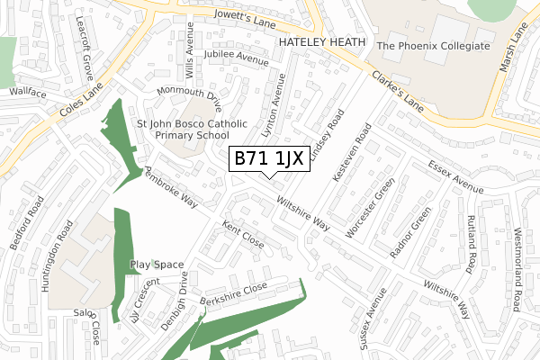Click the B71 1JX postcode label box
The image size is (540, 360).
pyautogui.click(x=274, y=159)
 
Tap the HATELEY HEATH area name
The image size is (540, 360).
pyautogui.click(x=321, y=42)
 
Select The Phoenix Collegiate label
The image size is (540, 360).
pyautogui.click(x=434, y=45)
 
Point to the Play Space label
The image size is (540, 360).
pyautogui.click(x=157, y=265)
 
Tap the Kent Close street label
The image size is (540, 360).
pyautogui.click(x=243, y=237)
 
